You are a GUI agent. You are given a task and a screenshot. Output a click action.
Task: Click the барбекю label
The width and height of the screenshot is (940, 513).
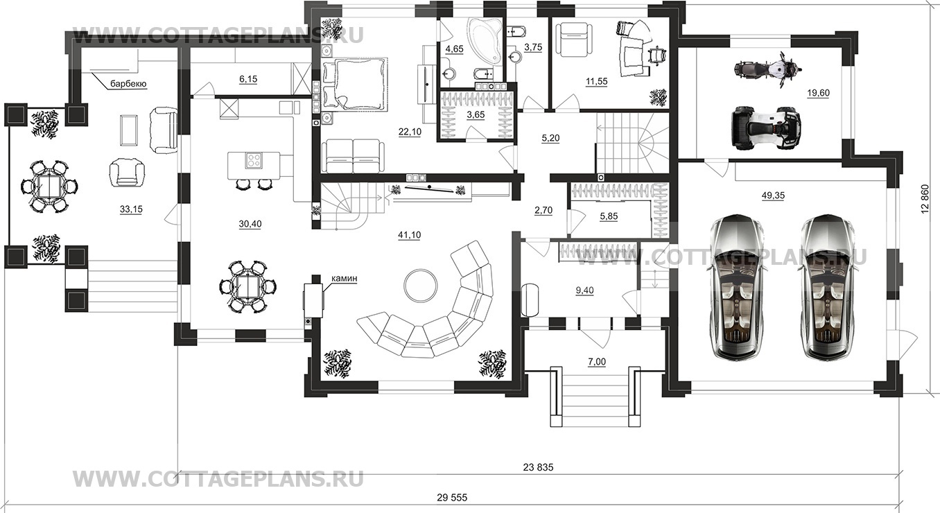click(128, 84)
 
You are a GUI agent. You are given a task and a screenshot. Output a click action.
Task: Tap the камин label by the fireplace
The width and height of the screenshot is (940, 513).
click(344, 278)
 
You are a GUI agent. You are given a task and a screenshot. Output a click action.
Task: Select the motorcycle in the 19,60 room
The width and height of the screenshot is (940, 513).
click(769, 69)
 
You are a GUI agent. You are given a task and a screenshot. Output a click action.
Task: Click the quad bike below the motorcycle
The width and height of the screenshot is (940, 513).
click(767, 128)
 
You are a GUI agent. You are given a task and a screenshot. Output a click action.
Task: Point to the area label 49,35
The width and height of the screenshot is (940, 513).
click(772, 195)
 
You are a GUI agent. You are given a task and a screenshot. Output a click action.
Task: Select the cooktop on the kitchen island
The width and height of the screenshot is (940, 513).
click(254, 160)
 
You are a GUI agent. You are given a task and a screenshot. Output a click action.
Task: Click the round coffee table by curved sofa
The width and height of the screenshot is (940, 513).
click(421, 286)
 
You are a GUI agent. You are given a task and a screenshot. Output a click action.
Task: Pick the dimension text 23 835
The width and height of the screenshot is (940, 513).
click(539, 467)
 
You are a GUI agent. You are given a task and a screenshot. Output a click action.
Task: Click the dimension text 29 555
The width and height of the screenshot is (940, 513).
click(452, 498)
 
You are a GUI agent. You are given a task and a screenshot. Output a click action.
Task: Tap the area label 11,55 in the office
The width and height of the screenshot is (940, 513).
click(596, 81)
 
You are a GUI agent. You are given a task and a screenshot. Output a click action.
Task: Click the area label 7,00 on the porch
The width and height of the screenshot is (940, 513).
click(597, 361)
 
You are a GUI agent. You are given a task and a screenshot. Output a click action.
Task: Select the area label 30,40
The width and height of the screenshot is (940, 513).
click(250, 224)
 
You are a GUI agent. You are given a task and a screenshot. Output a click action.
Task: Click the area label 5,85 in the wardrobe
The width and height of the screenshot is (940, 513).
click(609, 216)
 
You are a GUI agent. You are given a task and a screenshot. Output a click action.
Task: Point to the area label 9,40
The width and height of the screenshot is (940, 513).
click(584, 290)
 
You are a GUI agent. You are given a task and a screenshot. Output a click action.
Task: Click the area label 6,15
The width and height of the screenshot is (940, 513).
click(248, 79)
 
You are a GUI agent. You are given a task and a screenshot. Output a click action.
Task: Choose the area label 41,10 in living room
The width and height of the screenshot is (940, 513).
click(409, 235)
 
